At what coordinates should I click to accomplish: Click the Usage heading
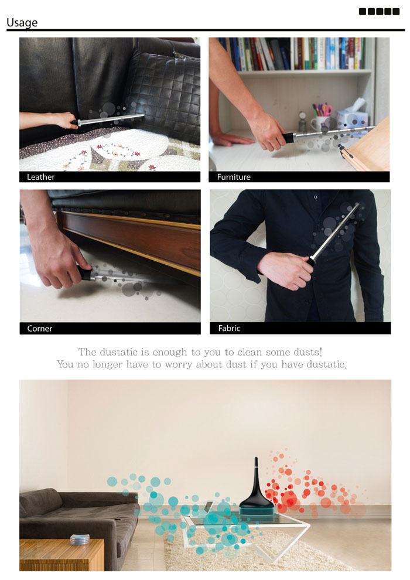[x=22, y=23]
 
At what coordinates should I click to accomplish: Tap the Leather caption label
[x=40, y=177]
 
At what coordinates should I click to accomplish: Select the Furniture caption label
[x=234, y=177]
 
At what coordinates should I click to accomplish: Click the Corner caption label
[x=40, y=329]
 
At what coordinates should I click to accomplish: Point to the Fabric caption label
[x=229, y=328]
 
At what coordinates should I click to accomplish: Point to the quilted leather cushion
[x=164, y=97]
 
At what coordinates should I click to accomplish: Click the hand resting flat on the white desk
[x=230, y=139]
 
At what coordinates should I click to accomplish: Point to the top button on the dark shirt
[x=315, y=197]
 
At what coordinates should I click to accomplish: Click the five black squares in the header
[x=379, y=12]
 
